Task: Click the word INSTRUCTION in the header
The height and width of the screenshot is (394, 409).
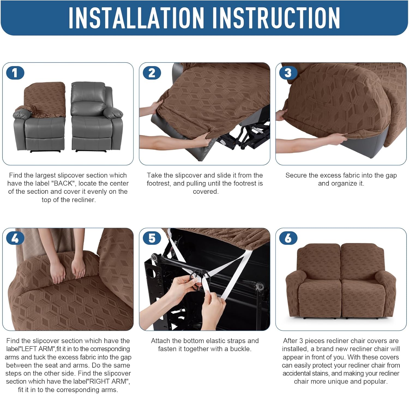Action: (276, 18)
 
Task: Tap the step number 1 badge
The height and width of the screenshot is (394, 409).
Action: (15, 73)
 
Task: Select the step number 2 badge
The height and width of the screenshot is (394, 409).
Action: (152, 73)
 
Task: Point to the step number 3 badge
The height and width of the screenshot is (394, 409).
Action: (288, 73)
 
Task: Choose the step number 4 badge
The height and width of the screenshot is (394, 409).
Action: (15, 238)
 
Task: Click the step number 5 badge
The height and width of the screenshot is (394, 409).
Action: (152, 238)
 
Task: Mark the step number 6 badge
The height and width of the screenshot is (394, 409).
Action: (288, 238)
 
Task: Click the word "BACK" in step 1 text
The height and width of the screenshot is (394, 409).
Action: (63, 183)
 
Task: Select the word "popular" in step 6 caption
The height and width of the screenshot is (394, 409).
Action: (377, 381)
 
